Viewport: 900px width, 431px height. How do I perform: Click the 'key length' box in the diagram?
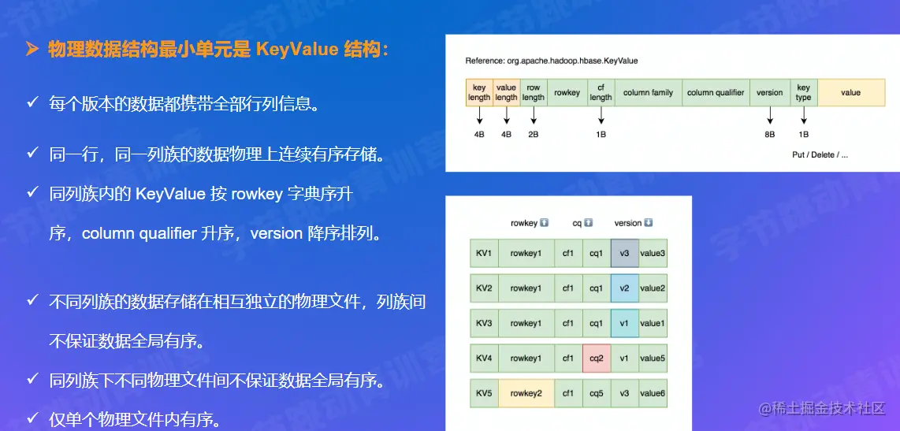click(479, 92)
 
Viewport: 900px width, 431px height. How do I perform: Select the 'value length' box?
click(506, 92)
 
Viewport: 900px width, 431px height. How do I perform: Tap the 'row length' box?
click(534, 92)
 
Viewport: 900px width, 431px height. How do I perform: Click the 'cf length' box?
click(601, 92)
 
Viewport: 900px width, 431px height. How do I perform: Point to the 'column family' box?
click(648, 92)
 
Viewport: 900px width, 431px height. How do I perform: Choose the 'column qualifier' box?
click(716, 92)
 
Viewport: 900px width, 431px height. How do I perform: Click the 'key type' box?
click(804, 92)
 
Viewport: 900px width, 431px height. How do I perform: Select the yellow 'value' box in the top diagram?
click(851, 92)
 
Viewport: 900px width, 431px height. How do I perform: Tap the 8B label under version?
click(770, 134)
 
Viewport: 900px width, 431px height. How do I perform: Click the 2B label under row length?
click(534, 134)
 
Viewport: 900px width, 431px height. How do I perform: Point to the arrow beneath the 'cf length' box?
click(601, 116)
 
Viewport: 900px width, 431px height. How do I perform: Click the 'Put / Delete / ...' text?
click(820, 155)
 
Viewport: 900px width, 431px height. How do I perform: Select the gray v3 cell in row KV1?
click(624, 253)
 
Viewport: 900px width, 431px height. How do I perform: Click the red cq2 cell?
click(597, 358)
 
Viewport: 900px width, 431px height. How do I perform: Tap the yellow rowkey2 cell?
click(526, 393)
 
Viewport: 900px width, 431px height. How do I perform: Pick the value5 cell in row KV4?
click(653, 358)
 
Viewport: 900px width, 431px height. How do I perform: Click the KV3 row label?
click(484, 323)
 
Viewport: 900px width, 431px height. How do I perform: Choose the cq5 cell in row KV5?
click(597, 393)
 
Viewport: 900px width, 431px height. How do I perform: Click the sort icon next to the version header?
click(649, 223)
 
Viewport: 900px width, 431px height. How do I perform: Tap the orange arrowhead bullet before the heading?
click(32, 50)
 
